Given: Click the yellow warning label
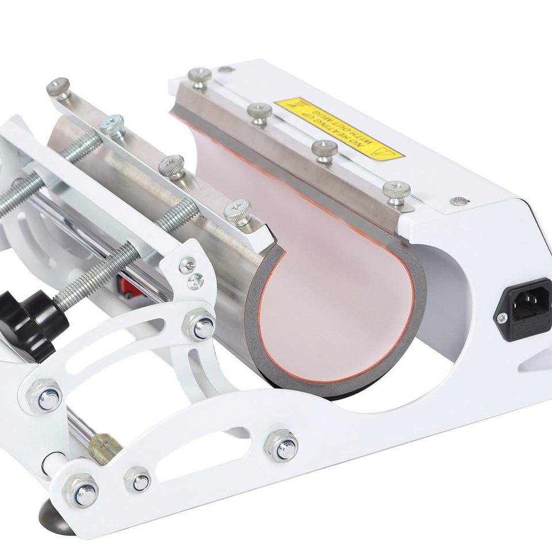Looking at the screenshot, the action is click(x=339, y=128).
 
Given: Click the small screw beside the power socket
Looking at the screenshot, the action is click(x=501, y=318).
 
